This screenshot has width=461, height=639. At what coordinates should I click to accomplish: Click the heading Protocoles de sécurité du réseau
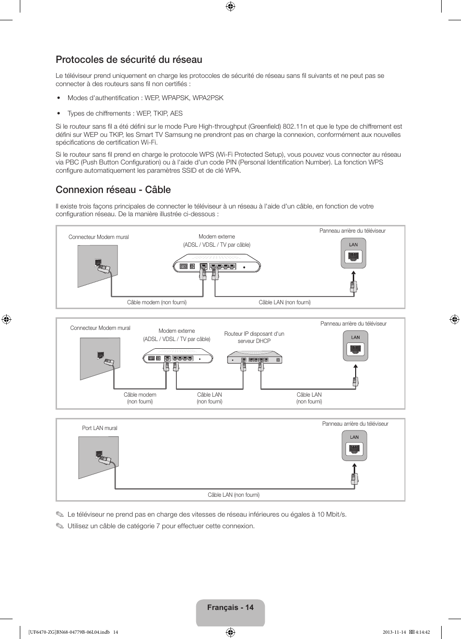pyautogui.click(x=129, y=59)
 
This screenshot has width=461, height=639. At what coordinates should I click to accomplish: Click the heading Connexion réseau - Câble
pyautogui.click(x=113, y=190)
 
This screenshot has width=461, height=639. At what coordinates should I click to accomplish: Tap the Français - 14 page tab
pyautogui.click(x=230, y=608)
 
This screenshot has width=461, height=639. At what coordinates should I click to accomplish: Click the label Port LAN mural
pyautogui.click(x=100, y=428)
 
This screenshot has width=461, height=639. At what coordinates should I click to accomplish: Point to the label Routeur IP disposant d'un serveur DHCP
pyautogui.click(x=254, y=337)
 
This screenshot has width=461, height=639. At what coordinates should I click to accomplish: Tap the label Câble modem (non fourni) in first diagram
pyautogui.click(x=157, y=302)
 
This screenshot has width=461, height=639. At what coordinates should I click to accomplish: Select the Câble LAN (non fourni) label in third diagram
pyautogui.click(x=233, y=495)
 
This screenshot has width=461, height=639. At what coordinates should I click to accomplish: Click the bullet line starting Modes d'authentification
pyautogui.click(x=145, y=98)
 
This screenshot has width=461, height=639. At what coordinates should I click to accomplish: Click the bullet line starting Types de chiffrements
pyautogui.click(x=125, y=113)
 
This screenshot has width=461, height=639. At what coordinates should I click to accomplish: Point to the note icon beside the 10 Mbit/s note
pyautogui.click(x=59, y=514)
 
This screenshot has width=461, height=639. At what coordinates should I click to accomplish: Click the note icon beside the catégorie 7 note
pyautogui.click(x=59, y=526)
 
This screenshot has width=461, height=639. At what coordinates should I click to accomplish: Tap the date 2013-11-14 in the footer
pyautogui.click(x=394, y=632)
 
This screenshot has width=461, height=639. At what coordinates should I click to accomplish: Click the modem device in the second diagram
pyautogui.click(x=178, y=358)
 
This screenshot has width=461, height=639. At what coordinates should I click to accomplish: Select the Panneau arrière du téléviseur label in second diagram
pyautogui.click(x=353, y=324)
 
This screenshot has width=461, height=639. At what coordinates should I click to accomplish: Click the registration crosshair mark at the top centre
pyautogui.click(x=230, y=6)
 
